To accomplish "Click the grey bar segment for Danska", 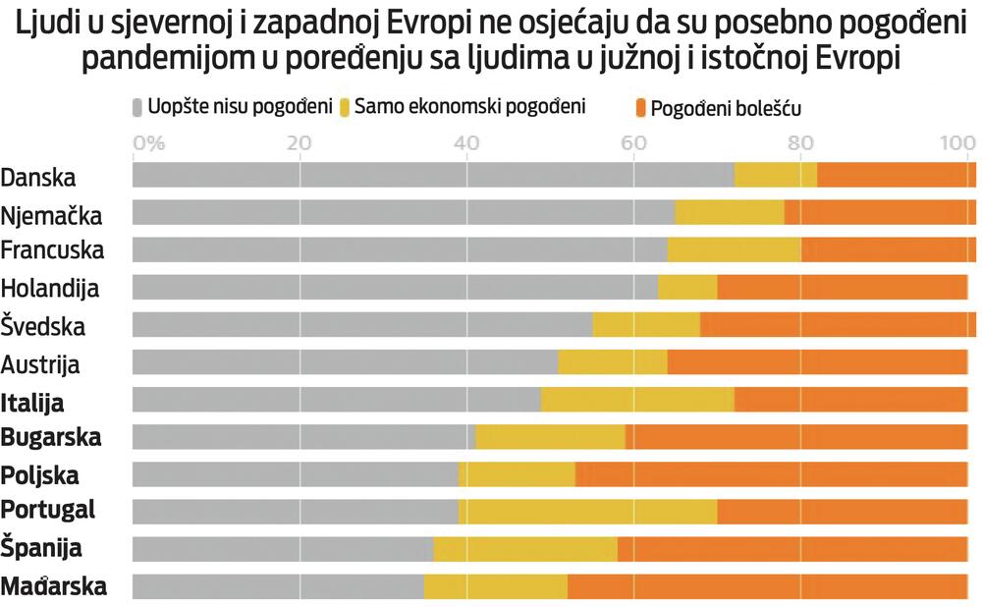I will (x=432, y=175).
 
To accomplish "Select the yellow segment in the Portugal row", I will (x=587, y=511).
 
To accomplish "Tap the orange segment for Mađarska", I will (x=766, y=586).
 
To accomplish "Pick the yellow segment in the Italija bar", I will (x=637, y=400).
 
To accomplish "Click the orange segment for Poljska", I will (x=771, y=474).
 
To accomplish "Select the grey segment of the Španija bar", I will (x=283, y=549).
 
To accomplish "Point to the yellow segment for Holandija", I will (x=687, y=288).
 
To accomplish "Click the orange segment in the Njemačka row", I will (x=879, y=212).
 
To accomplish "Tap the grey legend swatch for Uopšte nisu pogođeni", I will (x=137, y=106).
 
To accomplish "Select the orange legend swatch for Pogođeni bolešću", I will (x=640, y=107).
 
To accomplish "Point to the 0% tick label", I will (x=148, y=142).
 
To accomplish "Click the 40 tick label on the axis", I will (x=466, y=142).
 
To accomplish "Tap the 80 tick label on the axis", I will (x=800, y=142).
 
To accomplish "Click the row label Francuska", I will (x=52, y=250).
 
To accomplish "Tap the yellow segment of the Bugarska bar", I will (x=550, y=437).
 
